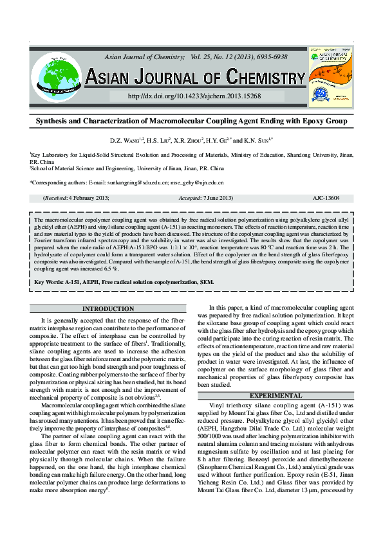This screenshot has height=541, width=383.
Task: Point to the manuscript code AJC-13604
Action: coord(326,199)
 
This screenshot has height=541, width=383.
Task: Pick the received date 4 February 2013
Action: coord(86,199)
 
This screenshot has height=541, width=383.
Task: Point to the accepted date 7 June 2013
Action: coord(205,199)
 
